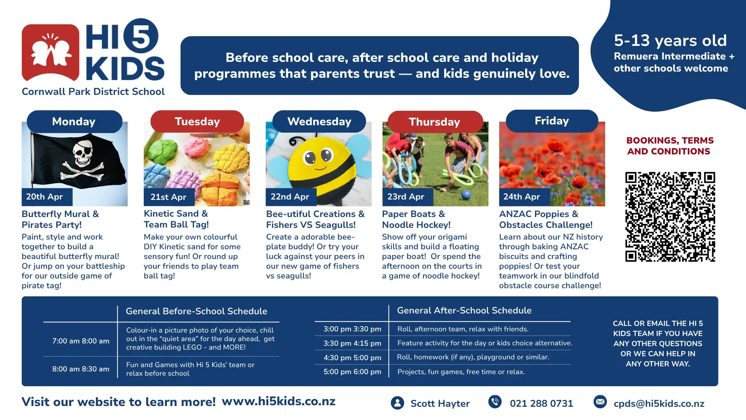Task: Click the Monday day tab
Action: pos(74,121)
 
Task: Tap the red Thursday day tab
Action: pos(435,122)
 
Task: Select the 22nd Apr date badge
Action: pos(291,197)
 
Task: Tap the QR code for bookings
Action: pos(670,217)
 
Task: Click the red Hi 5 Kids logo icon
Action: pos(51,53)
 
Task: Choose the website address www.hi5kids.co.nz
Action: pos(279,401)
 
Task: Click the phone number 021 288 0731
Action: pos(541,404)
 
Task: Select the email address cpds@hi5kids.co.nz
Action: pos(659,404)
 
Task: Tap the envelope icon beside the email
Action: pos(600,402)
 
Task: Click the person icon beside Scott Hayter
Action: pos(397,403)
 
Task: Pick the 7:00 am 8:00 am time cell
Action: pos(81,341)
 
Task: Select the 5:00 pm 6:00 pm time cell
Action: pos(352,372)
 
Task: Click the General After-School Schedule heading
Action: pos(464,310)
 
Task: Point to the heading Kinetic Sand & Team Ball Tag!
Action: pos(176,219)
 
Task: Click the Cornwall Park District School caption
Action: pos(93,91)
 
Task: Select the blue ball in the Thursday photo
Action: pos(466,194)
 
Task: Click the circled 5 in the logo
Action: pos(141,36)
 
